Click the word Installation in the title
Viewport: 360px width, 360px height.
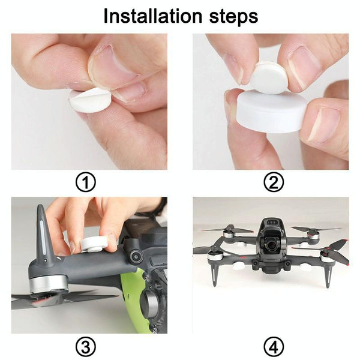[153, 16]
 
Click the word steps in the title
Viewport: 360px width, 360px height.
[234, 17]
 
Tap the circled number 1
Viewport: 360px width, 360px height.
[85, 182]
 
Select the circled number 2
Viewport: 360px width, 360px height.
[274, 182]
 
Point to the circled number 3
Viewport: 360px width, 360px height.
[85, 346]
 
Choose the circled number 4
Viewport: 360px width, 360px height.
[274, 346]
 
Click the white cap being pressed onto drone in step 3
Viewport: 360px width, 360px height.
[94, 244]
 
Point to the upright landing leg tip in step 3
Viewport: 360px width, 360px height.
[40, 207]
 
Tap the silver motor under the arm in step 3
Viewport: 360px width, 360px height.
[48, 284]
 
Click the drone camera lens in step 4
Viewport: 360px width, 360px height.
[272, 245]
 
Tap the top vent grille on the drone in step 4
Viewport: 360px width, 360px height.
[272, 223]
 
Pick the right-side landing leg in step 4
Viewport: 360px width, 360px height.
[328, 274]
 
